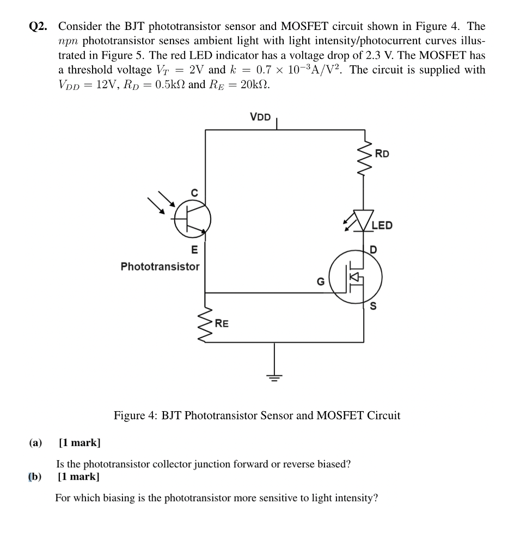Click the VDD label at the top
pos(260,117)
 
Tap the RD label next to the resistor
pos(382,154)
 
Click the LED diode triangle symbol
pos(364,219)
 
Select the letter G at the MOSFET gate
pos(321,282)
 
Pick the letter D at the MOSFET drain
pos(374,250)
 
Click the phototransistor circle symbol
pos(192,219)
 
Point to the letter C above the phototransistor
pos(193,191)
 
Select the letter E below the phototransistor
pos(193,250)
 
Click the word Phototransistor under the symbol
pos(160,267)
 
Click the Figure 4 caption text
pos(256,415)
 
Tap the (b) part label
pos(35,477)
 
